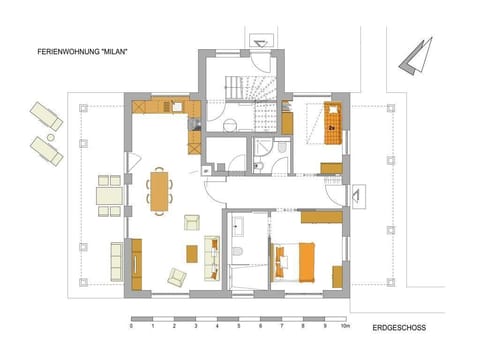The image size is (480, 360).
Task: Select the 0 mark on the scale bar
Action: point(132,327)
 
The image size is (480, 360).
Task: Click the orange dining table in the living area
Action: point(159,190)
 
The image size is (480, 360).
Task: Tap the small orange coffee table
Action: point(191,252)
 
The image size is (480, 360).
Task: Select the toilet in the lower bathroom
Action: point(238,270)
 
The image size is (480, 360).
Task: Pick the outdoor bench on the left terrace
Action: point(116,261)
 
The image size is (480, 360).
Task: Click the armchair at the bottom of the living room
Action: point(176,277)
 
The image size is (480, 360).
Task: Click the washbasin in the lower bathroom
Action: point(238,226)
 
